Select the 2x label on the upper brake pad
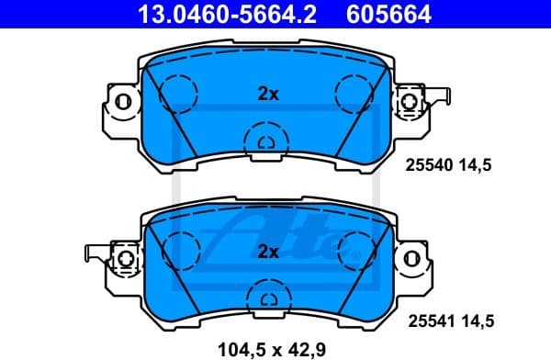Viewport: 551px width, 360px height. [267, 93]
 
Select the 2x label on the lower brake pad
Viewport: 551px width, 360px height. [267, 251]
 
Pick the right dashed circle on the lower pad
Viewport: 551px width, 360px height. [356, 249]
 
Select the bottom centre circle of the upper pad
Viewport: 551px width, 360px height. [266, 141]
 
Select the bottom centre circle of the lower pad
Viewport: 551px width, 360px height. [266, 298]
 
